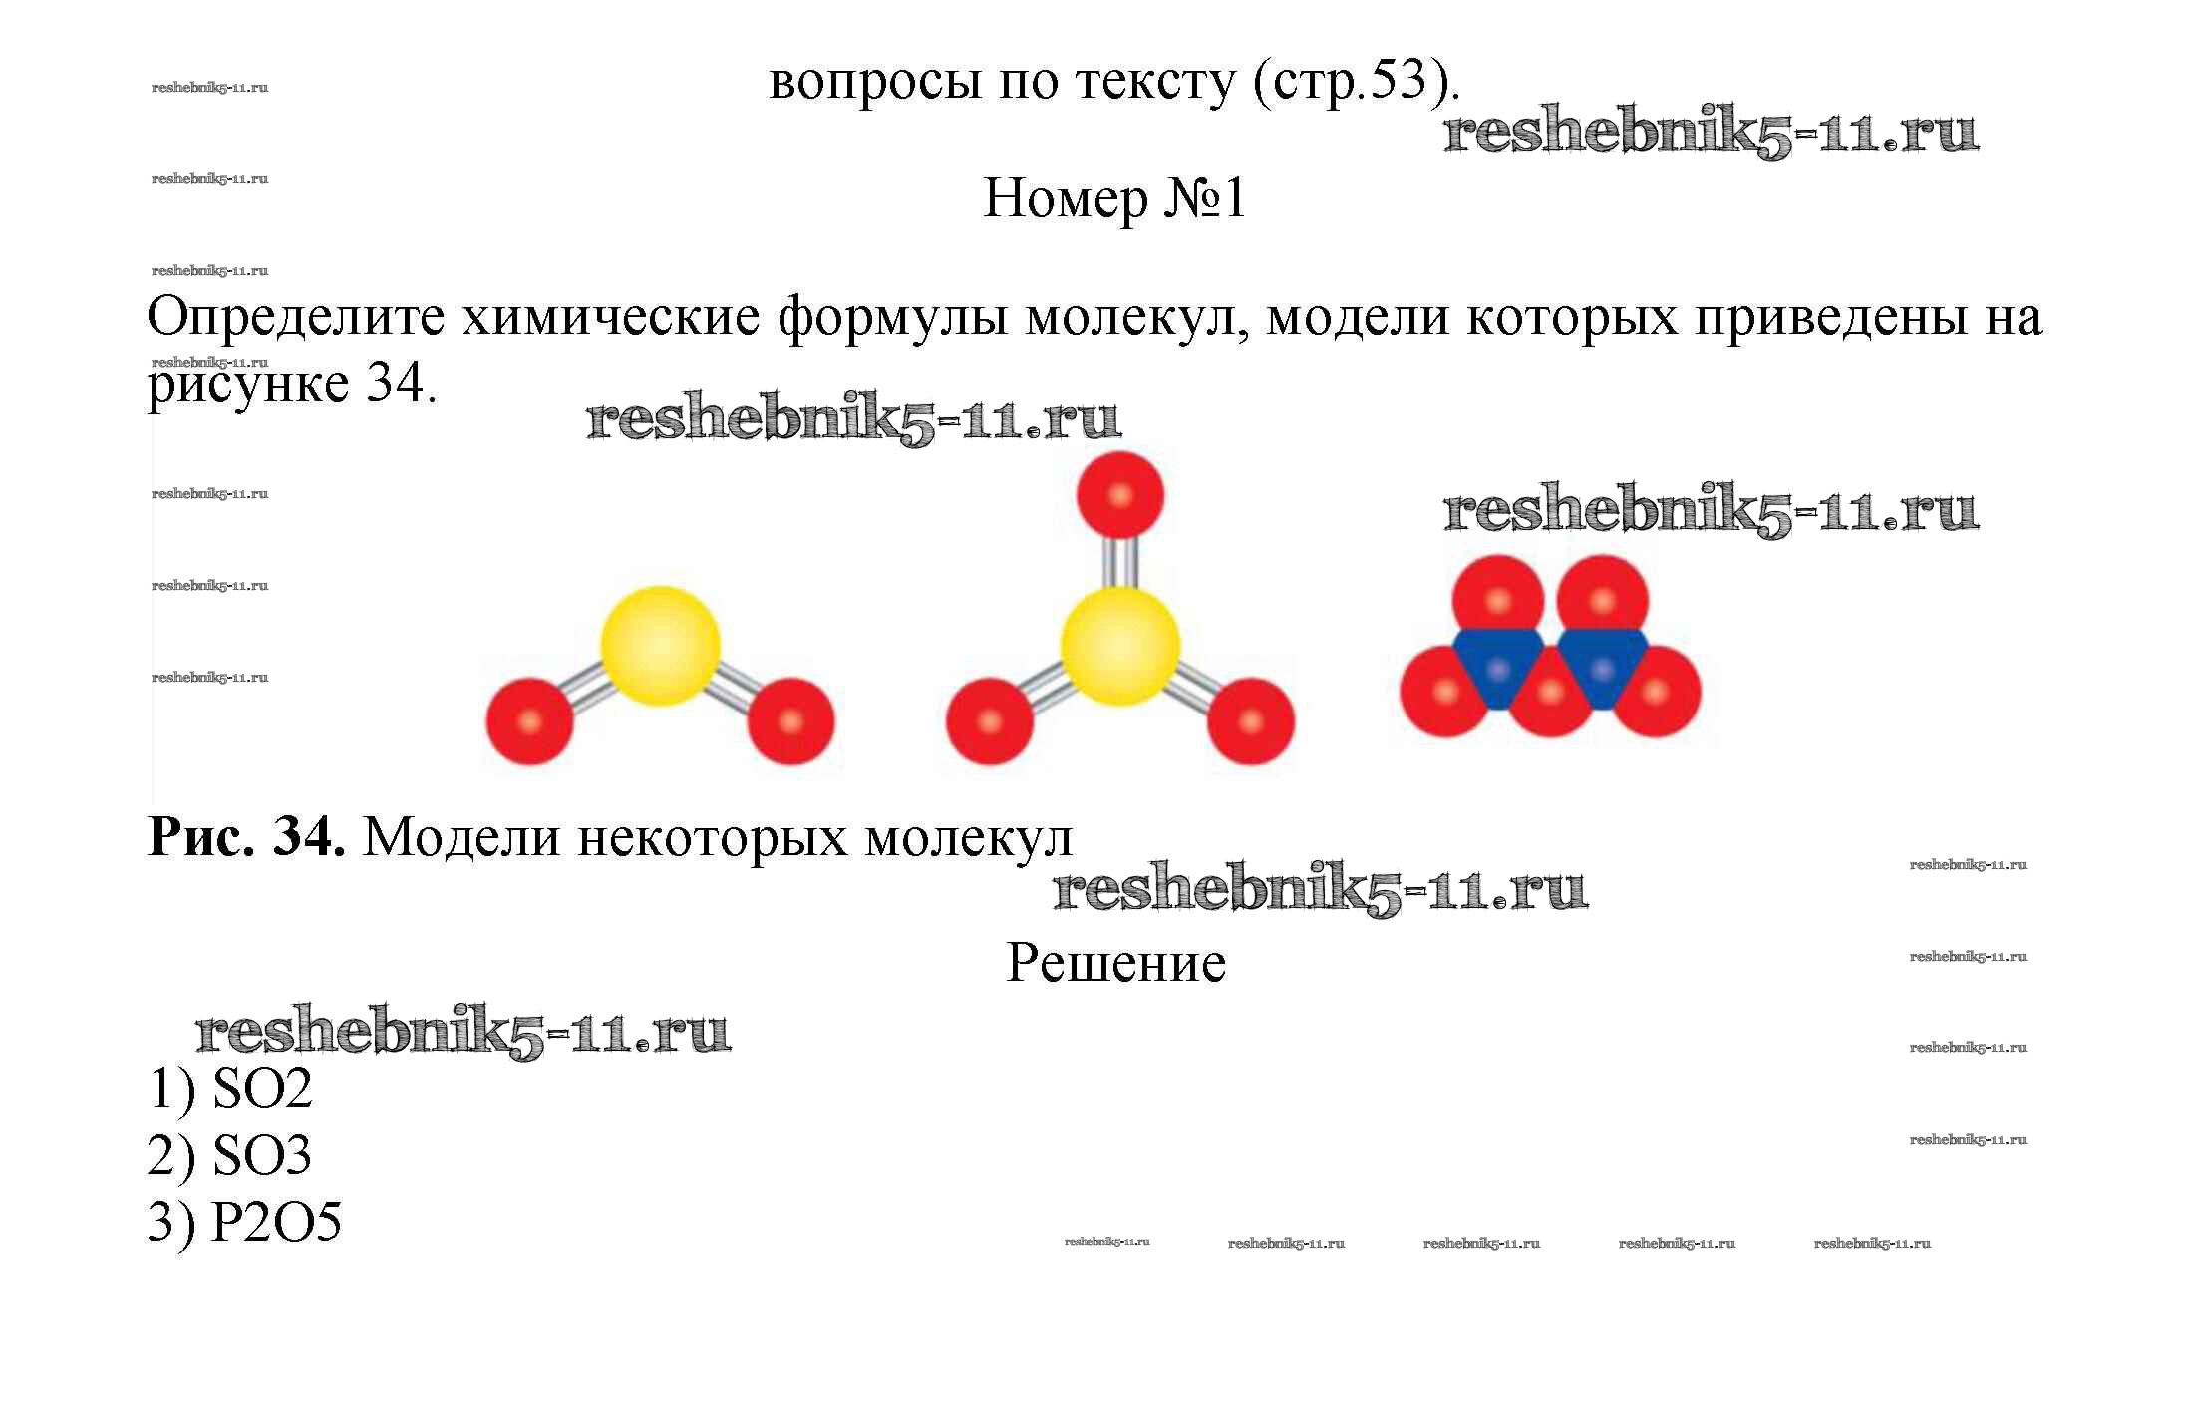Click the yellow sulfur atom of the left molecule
[660, 646]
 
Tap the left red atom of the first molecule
[529, 721]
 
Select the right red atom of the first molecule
[790, 721]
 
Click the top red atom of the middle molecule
[1120, 495]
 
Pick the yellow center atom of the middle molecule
[1120, 646]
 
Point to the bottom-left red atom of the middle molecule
[990, 721]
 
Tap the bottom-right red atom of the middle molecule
[1251, 721]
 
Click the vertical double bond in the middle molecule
[1120, 563]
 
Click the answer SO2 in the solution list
[262, 1088]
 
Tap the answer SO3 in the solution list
[262, 1155]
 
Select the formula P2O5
[276, 1222]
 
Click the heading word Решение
[1115, 964]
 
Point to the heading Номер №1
[1114, 198]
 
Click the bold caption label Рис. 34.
[246, 837]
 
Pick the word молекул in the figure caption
[968, 838]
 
